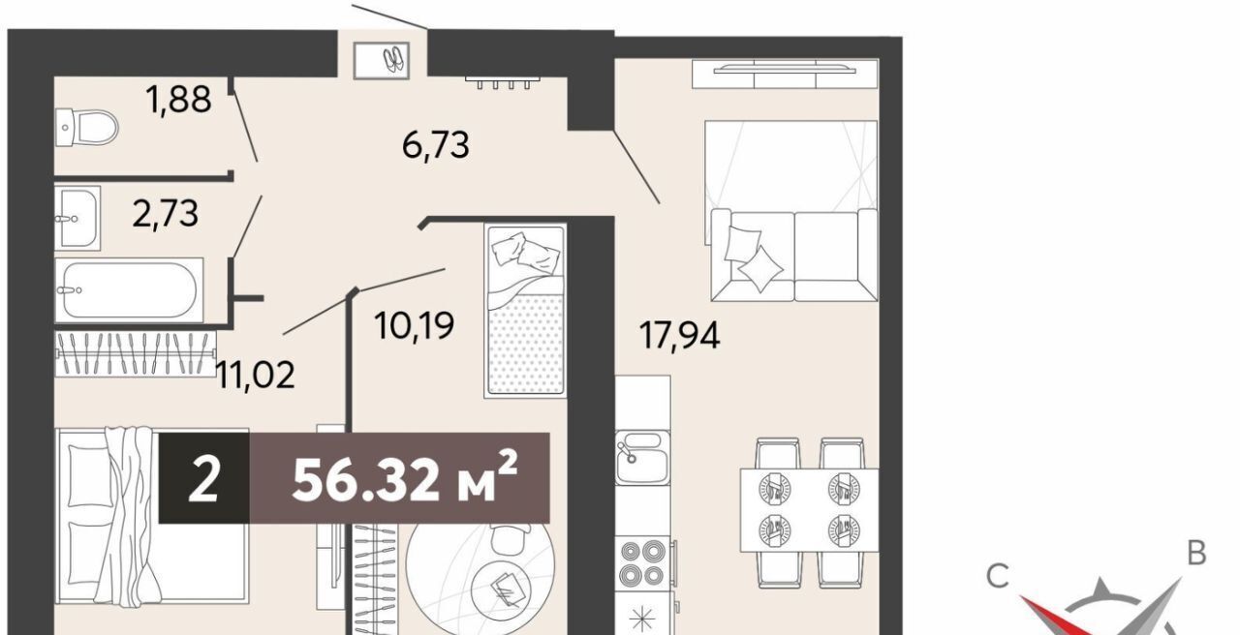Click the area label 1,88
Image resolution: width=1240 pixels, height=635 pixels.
pos(178,99)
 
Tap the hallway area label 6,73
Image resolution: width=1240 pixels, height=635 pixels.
pos(436,144)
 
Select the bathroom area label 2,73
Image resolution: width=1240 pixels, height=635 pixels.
pos(165,214)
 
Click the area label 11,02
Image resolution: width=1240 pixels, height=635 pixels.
pos(255,375)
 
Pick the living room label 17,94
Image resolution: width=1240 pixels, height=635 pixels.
pos(680,335)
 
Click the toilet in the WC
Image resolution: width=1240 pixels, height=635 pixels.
pos(87,127)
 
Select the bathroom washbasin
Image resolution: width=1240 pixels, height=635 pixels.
pos(77,218)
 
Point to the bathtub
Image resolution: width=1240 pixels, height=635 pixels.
pos(129,289)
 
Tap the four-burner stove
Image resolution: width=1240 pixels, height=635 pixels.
pos(643,563)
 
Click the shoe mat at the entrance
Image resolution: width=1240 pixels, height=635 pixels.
pos(382,60)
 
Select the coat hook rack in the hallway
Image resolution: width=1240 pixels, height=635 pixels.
pos(503,82)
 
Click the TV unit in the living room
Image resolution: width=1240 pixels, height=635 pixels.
pos(785,75)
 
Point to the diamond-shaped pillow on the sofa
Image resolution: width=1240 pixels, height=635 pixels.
pos(760,269)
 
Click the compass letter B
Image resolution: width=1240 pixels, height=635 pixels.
pos(1196,553)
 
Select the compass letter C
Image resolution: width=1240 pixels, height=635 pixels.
pos(998,576)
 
